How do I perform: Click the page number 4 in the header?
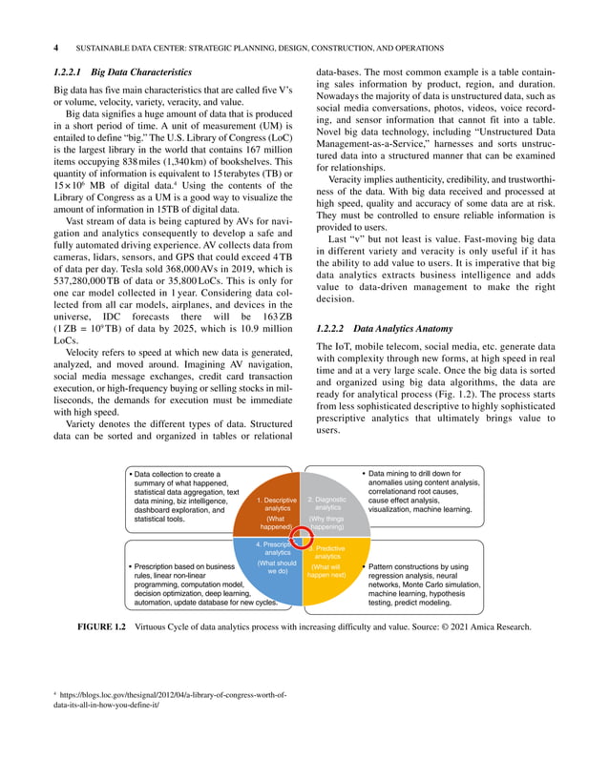tap(55, 47)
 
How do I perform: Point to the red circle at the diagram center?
tap(303, 536)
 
